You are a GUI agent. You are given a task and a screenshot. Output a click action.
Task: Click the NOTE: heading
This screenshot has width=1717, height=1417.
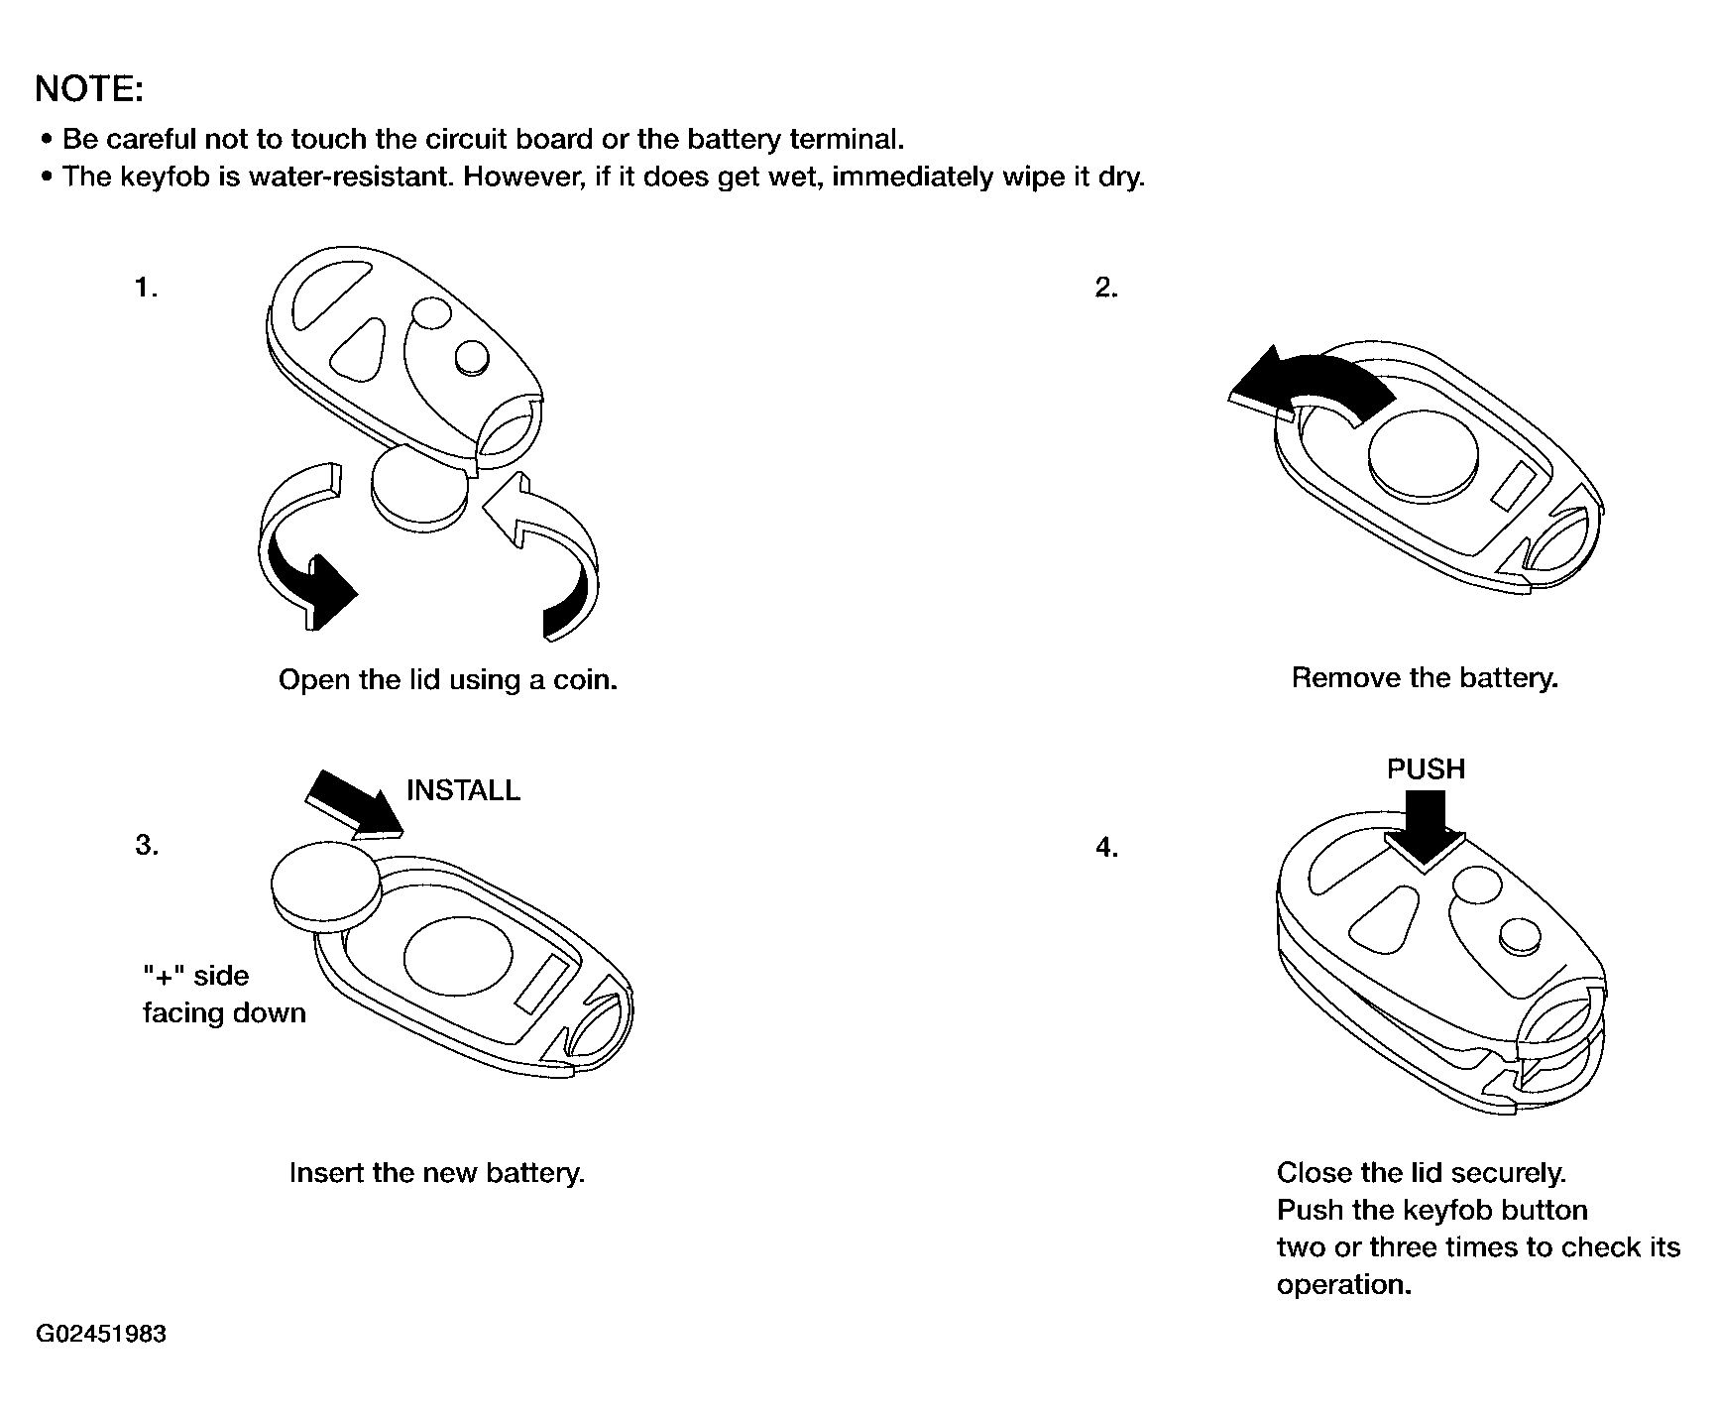89,89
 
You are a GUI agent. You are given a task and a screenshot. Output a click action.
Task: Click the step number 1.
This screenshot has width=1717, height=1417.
146,289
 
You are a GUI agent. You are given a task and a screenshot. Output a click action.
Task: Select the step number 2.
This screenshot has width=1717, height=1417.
1106,289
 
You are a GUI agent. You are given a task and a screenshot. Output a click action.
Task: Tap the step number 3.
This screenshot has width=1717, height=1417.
146,846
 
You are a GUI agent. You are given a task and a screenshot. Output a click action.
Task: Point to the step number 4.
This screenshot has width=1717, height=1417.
1106,848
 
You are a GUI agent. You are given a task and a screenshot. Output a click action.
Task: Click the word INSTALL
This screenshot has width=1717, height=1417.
463,790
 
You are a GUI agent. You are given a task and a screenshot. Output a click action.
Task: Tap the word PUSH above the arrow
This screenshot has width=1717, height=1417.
1426,768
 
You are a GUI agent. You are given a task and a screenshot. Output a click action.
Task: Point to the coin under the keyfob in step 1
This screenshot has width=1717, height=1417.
418,486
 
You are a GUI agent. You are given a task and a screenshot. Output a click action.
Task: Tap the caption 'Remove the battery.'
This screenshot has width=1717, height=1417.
1425,678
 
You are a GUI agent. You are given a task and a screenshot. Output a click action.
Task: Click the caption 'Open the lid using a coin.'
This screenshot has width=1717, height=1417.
448,680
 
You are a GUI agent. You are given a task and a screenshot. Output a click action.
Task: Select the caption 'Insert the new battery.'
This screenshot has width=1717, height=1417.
437,1173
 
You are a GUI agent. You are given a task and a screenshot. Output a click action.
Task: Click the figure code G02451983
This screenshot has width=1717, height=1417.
101,1334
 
